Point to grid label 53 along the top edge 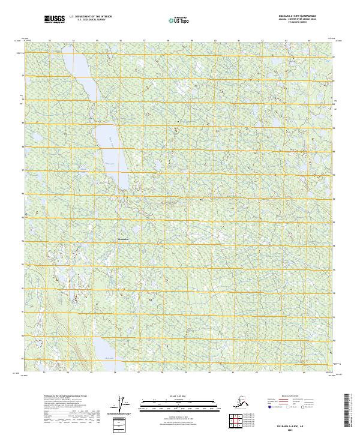click(x=50, y=41)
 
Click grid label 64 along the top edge click(x=309, y=41)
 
